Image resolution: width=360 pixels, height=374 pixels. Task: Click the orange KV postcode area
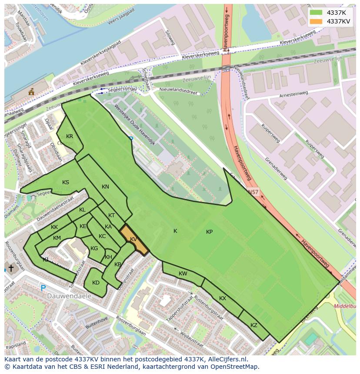134,239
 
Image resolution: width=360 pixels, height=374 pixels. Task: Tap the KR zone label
70,136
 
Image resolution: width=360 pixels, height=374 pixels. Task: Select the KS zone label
66,182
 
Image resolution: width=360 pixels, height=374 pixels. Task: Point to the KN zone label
105,187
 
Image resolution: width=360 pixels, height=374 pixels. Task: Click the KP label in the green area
209,232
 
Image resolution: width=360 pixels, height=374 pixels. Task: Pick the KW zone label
183,274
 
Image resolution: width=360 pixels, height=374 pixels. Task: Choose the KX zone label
223,298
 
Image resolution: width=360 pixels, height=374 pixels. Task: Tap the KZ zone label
254,325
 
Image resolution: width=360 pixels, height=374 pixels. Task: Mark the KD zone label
96,283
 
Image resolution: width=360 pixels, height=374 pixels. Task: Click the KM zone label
57,238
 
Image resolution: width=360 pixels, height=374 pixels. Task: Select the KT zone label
111,215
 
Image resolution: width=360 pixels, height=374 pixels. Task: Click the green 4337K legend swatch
316,12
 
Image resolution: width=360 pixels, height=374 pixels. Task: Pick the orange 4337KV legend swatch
316,21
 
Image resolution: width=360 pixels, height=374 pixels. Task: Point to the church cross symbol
10,268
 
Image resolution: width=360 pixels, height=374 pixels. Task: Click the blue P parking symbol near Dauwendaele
43,288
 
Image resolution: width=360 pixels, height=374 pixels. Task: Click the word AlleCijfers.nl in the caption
226,359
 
